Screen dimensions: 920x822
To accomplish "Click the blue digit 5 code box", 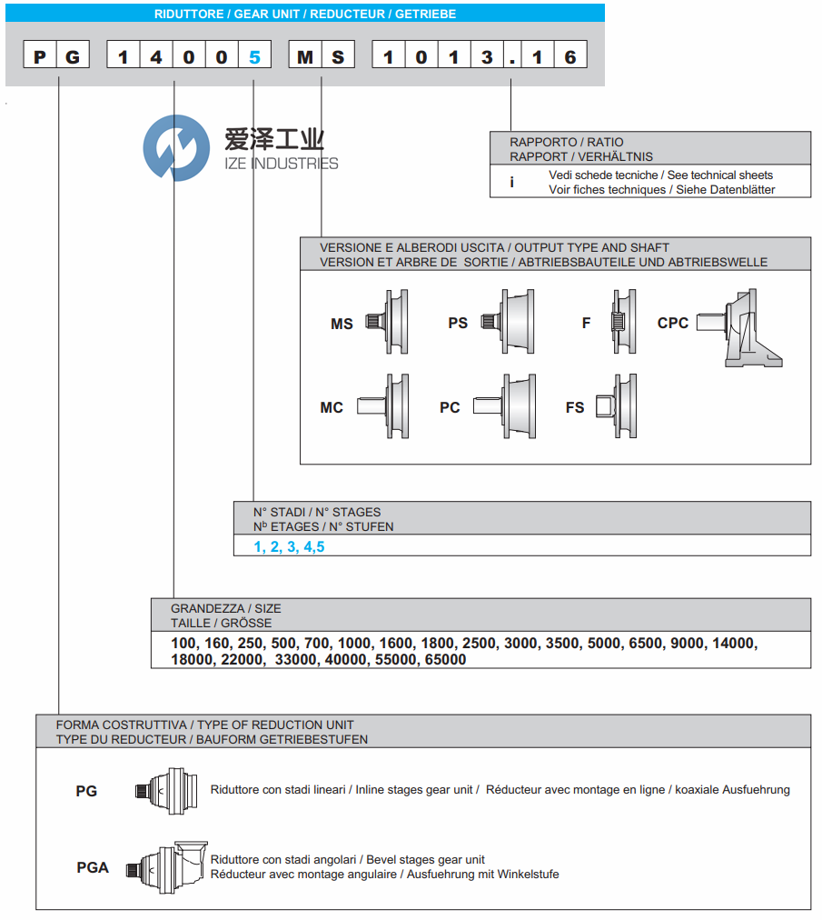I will tap(254, 56).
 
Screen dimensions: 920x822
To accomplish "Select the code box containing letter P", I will tap(40, 56).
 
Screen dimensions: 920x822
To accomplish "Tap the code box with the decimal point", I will tap(513, 56).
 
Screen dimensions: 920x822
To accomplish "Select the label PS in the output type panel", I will tap(458, 323).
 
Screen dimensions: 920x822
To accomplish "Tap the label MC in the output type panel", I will tap(332, 407).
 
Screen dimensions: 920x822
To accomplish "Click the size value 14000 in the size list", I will tap(735, 644).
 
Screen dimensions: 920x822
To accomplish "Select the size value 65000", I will tap(445, 660).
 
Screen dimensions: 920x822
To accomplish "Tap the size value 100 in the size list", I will tap(183, 644).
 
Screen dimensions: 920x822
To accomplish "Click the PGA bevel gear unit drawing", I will tap(167, 865).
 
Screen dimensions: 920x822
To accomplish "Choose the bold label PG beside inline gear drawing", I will tap(86, 791).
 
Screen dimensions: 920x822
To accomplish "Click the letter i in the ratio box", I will tap(511, 182).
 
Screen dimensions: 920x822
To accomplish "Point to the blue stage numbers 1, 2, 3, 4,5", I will tap(289, 546).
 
